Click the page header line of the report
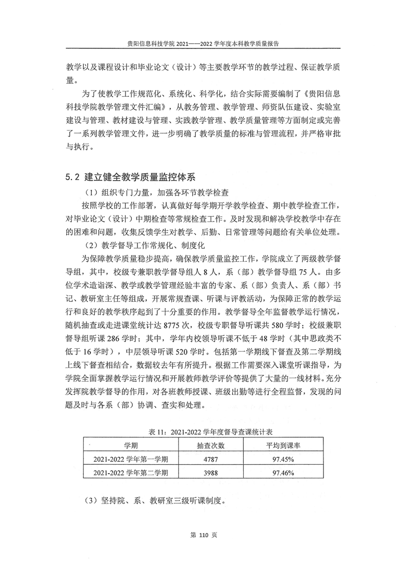206,45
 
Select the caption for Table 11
207,432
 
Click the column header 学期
130,446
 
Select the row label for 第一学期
130,459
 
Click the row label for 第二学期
130,473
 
